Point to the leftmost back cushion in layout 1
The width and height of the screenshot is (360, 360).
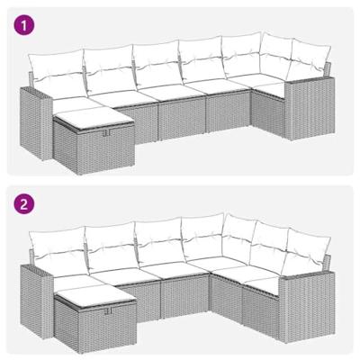pos(54,70)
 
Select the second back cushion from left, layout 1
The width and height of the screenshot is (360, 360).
pos(107,66)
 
